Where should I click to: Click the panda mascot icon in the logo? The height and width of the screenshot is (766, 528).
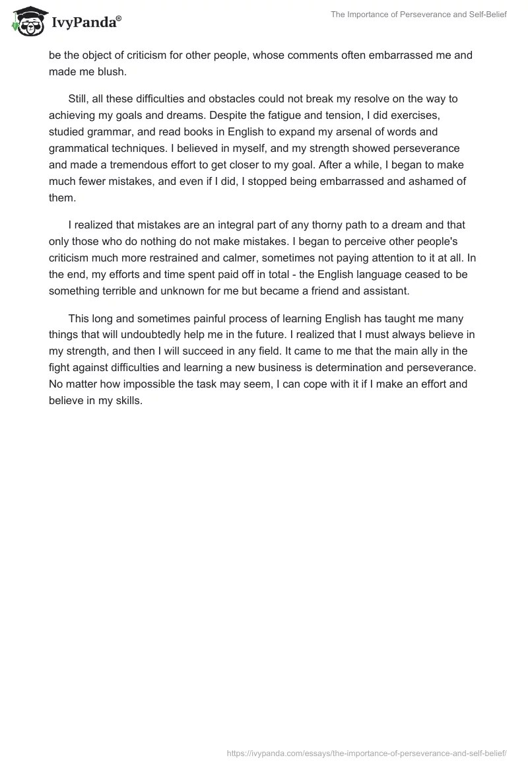[x=26, y=20]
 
